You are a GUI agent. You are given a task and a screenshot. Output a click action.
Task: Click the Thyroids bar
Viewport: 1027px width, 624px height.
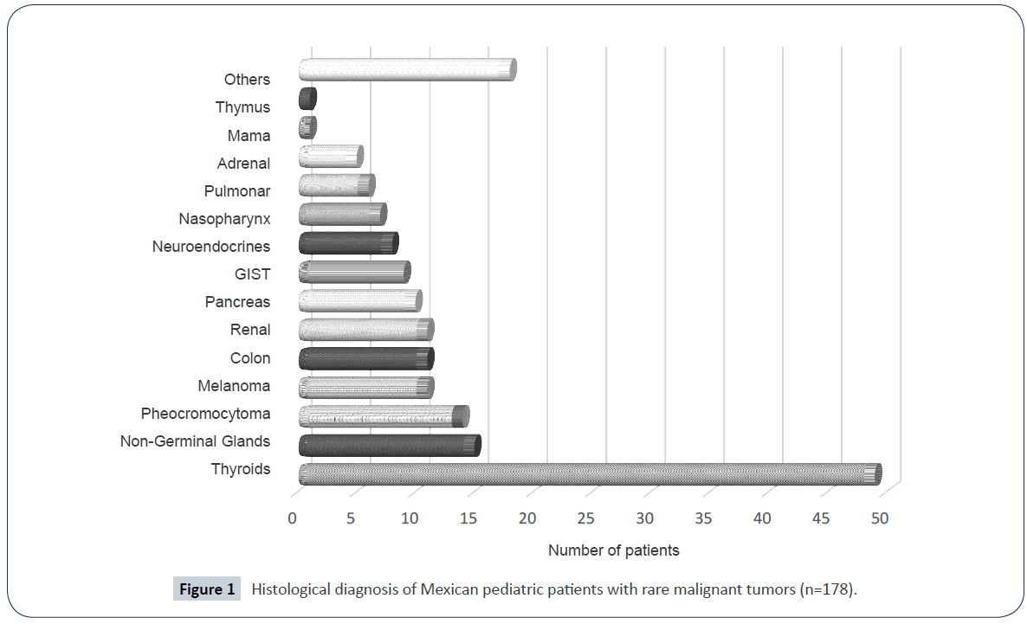pos(589,474)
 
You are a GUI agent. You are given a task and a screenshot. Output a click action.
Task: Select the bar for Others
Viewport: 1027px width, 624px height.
pos(407,70)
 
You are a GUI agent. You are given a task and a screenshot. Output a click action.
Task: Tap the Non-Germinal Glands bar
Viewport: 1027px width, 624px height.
pos(389,446)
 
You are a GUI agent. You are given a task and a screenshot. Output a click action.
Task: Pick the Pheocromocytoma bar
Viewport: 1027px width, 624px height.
pos(383,416)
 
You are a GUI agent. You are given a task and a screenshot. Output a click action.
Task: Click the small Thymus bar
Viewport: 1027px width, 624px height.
pos(307,99)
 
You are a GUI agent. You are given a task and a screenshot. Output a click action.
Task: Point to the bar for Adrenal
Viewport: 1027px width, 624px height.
pos(330,157)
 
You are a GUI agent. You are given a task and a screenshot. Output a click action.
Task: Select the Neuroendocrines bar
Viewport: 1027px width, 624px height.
pos(348,243)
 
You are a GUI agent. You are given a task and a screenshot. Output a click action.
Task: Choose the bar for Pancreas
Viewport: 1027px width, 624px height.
pos(359,301)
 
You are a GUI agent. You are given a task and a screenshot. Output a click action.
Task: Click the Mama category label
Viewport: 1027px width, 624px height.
pos(249,136)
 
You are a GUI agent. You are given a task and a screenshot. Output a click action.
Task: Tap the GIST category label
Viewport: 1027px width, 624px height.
pos(252,274)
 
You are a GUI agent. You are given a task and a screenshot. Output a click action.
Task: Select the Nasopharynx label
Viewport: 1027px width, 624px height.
pos(224,219)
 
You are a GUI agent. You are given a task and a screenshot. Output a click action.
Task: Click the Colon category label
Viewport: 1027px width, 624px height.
pos(250,358)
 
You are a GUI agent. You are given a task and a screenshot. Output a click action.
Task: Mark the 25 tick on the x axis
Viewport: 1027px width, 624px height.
pos(585,518)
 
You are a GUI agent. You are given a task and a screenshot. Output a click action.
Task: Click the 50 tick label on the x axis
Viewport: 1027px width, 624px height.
pos(880,518)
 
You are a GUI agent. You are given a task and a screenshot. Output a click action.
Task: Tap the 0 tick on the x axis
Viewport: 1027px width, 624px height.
pos(292,518)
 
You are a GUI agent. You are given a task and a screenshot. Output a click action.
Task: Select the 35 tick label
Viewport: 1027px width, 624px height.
pos(703,518)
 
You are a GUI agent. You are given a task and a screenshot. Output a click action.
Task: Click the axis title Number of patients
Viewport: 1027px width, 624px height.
pos(613,550)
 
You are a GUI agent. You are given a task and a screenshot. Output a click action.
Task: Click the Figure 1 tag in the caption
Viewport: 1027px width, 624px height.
pos(207,590)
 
